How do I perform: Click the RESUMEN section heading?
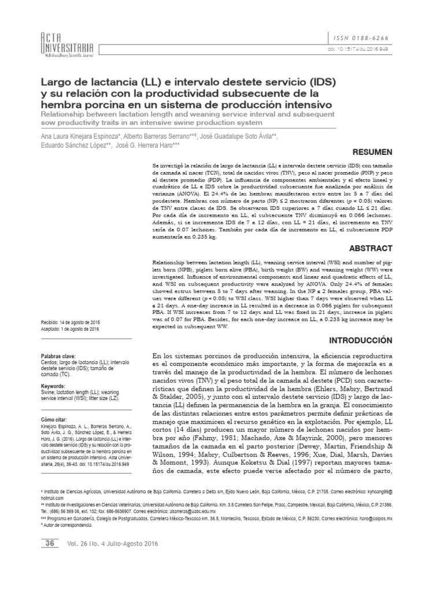coord(373,151)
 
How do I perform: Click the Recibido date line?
coord(70,321)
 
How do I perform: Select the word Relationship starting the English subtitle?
coord(62,115)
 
